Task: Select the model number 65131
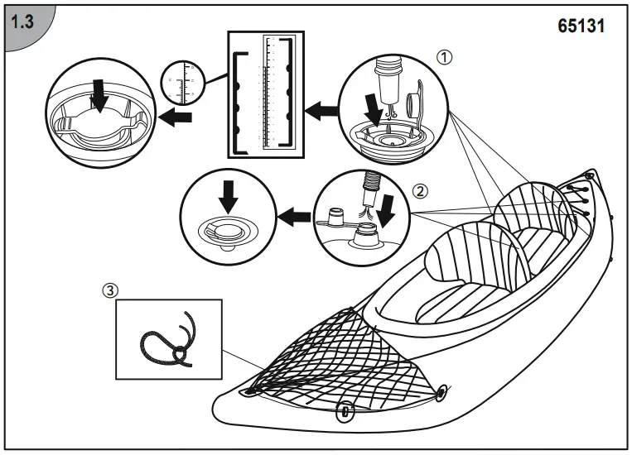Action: tap(581, 26)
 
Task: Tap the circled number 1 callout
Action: tap(445, 58)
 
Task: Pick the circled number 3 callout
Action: tap(109, 291)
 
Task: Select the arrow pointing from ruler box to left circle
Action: tap(175, 117)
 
